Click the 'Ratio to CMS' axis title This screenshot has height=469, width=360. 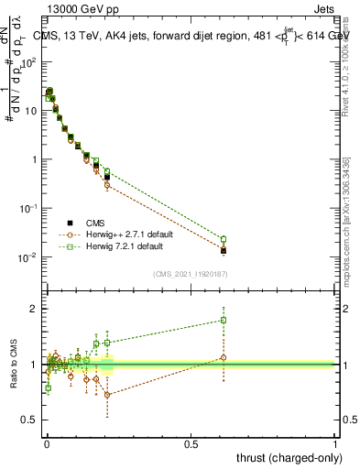[x=14, y=365]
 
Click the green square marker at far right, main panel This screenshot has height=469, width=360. [x=224, y=239]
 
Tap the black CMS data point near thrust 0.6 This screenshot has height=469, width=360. [x=224, y=250]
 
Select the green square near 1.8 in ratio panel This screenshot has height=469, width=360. [x=224, y=321]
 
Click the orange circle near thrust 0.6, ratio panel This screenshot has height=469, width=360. [x=224, y=357]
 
